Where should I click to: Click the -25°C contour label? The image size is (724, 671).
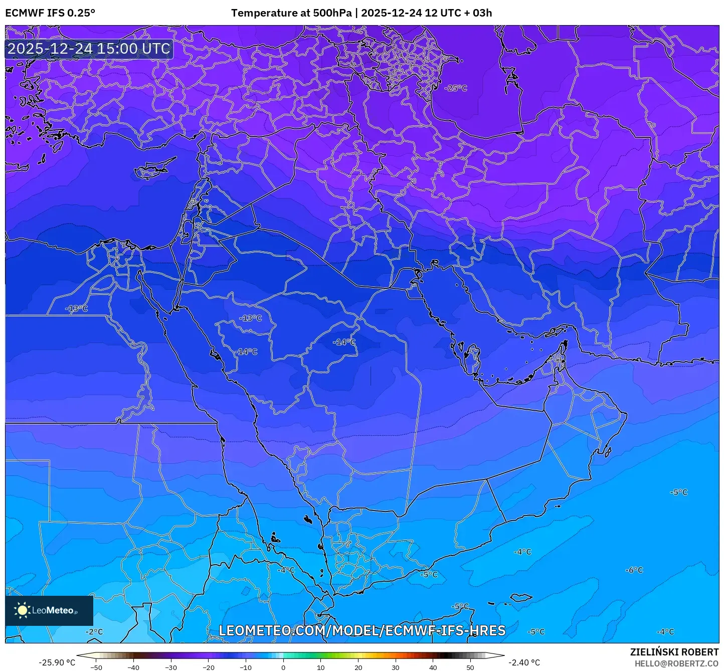456,88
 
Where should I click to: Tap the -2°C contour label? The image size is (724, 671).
94,631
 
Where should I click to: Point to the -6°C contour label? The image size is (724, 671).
634,570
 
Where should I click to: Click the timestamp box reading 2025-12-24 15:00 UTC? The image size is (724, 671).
89,49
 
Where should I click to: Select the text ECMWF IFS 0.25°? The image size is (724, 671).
50,13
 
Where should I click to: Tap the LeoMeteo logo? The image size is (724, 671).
49,610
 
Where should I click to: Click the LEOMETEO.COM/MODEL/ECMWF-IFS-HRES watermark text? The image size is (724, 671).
362,630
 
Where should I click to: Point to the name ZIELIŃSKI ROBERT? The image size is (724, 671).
674,652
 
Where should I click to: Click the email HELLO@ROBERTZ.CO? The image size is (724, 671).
676,663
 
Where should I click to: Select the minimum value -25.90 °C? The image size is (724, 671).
57,662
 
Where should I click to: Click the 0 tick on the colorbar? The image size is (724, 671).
283,667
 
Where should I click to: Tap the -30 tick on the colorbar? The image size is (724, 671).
171,667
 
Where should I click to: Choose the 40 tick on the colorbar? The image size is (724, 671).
433,667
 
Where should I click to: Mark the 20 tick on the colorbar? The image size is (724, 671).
358,667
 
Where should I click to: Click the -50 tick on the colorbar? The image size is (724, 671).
96,667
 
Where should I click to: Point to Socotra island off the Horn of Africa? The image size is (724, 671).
521,597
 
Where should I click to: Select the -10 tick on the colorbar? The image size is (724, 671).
246,667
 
